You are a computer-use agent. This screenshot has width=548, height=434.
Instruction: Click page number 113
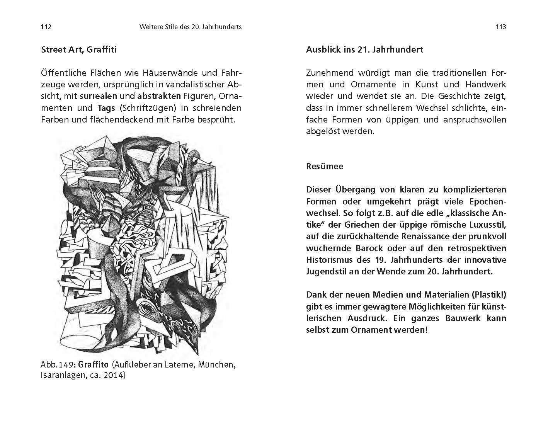pyautogui.click(x=500, y=27)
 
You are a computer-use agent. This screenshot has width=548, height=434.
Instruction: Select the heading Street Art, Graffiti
pyautogui.click(x=78, y=49)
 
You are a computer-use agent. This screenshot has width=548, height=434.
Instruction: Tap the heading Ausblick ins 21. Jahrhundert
pyautogui.click(x=364, y=49)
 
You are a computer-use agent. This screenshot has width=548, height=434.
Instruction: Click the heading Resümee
pyautogui.click(x=324, y=166)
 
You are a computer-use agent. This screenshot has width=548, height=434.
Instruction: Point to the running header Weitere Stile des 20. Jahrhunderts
pyautogui.click(x=190, y=27)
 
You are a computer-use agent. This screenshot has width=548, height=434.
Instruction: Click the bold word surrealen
pyautogui.click(x=102, y=96)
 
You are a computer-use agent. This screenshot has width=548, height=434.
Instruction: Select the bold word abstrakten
pyautogui.click(x=159, y=96)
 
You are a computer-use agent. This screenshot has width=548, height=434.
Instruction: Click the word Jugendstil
pyautogui.click(x=328, y=271)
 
